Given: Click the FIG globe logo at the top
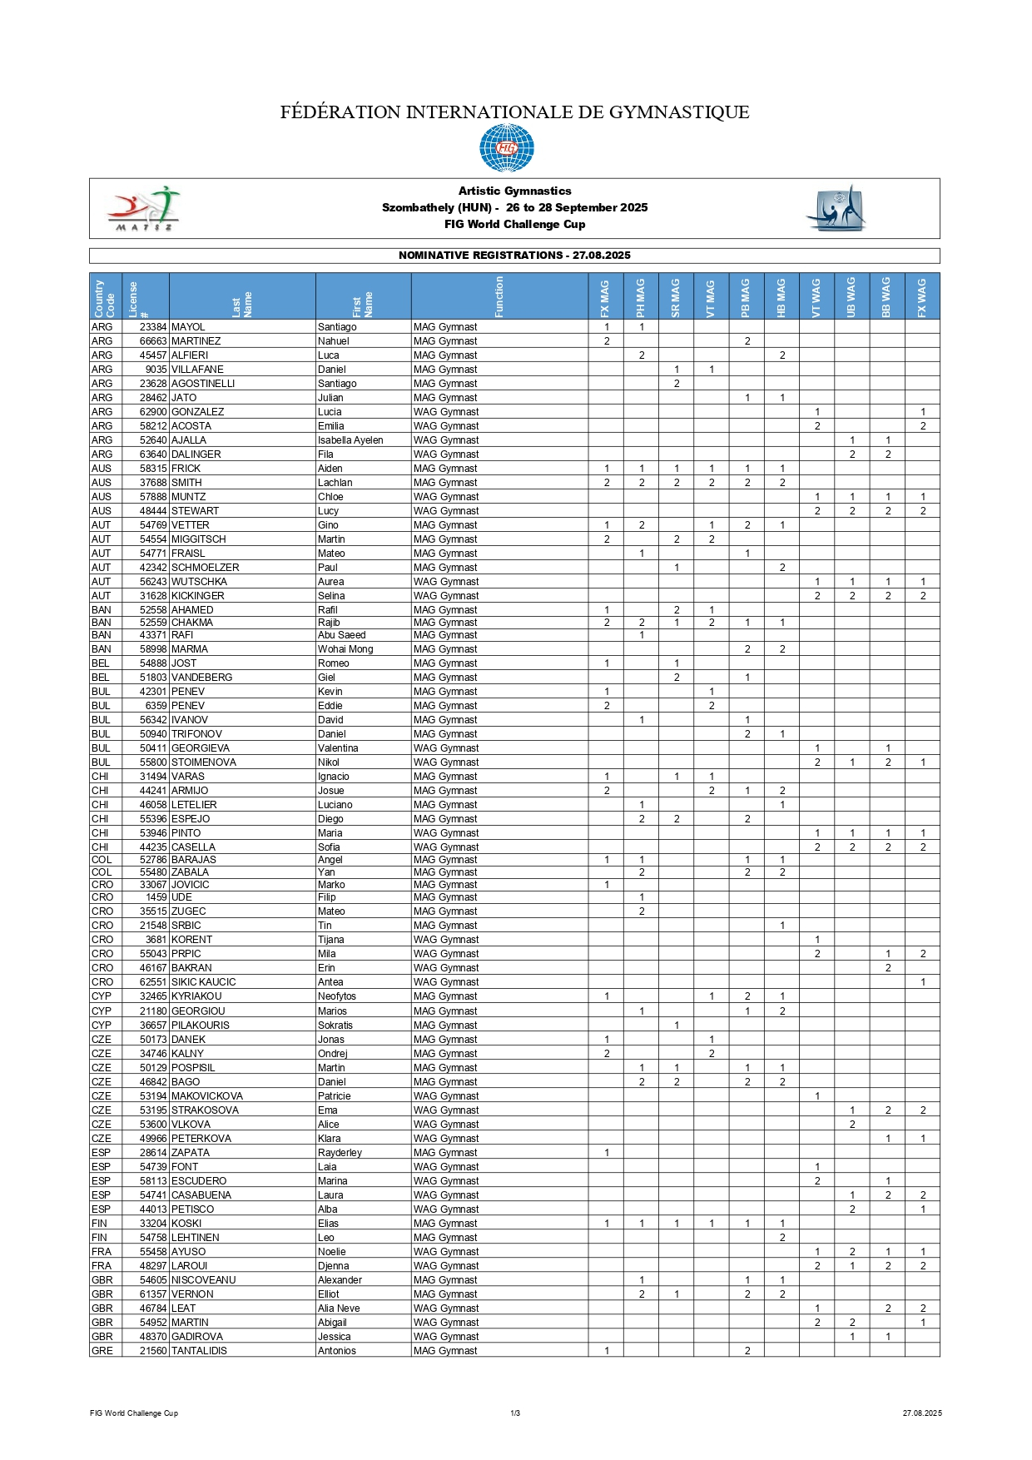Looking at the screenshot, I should click(x=506, y=148).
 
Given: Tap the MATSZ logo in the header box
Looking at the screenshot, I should click(x=143, y=209).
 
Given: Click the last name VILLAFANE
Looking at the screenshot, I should click(x=197, y=370).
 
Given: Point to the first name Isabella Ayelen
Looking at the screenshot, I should click(x=350, y=440).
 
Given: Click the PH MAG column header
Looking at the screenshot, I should click(x=641, y=297).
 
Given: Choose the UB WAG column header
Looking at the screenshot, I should click(x=851, y=297).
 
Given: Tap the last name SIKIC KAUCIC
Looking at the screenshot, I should click(x=204, y=982).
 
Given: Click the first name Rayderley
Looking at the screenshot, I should click(x=340, y=1153).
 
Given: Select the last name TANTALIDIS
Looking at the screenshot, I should click(x=199, y=1351).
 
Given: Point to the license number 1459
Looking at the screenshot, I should click(x=156, y=897).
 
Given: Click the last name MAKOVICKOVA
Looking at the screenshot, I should click(x=207, y=1096).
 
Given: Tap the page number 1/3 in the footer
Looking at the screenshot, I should click(x=515, y=1413).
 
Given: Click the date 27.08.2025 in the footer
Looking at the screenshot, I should click(x=921, y=1413).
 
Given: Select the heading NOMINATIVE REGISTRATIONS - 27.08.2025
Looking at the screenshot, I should click(x=514, y=256).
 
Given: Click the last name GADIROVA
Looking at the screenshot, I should click(x=196, y=1337).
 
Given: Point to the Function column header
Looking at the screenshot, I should click(x=499, y=297).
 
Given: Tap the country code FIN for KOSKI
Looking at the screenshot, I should click(x=99, y=1224).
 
